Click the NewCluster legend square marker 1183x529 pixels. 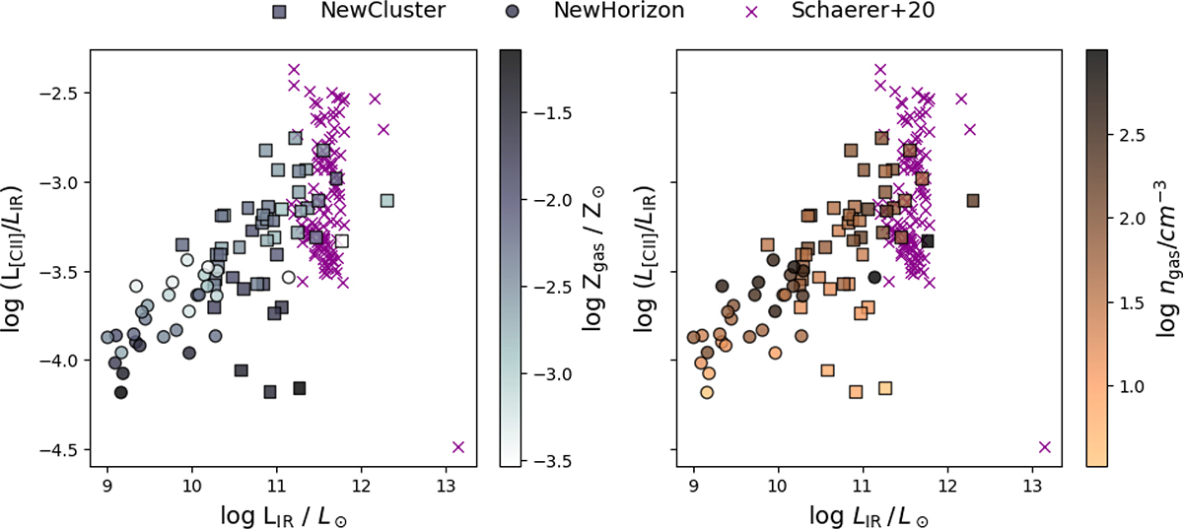pos(279,12)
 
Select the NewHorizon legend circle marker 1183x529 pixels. pos(513,12)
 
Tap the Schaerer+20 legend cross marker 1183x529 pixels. pos(751,12)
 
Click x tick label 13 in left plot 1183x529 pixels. pos(447,486)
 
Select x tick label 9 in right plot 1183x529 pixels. pos(693,486)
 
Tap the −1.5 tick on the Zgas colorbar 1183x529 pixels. pos(553,113)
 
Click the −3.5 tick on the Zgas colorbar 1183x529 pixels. pos(553,461)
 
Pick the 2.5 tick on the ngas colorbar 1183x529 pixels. pos(1133,135)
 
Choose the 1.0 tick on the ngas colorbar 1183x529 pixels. pos(1133,387)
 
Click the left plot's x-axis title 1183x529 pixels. pos(284,516)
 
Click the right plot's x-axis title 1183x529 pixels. pos(870,516)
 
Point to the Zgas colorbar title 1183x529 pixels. pos(593,259)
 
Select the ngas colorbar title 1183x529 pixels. pos(1167,259)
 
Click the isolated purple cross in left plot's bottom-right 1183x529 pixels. pos(458,447)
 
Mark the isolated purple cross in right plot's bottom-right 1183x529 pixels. pos(1045,447)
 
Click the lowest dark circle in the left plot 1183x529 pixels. pos(121,392)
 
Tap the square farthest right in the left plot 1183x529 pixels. pos(387,201)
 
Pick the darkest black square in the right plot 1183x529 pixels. pos(928,241)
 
